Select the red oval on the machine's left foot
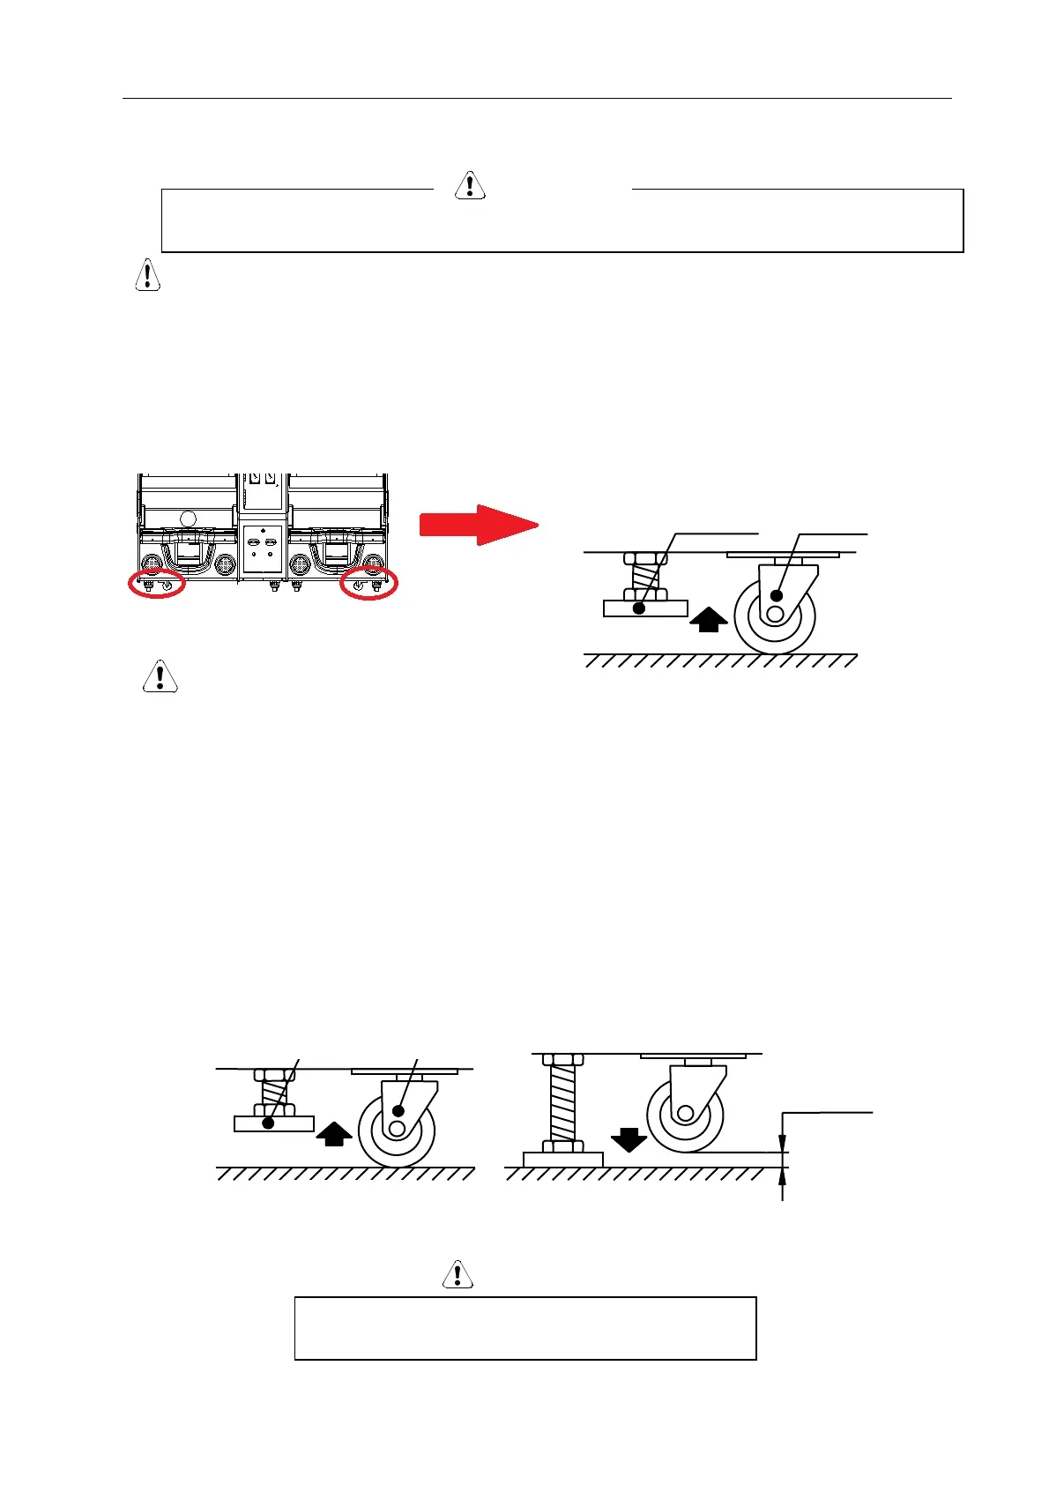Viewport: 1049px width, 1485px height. coord(157,584)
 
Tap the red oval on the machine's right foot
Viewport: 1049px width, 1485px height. coord(368,584)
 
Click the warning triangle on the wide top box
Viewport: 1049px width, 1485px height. coord(470,185)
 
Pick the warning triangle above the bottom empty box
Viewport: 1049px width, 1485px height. coord(458,1274)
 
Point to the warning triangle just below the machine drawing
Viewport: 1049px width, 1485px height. coord(160,675)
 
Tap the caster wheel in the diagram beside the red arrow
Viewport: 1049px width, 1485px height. coord(775,615)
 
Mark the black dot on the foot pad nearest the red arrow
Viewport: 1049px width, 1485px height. coord(640,608)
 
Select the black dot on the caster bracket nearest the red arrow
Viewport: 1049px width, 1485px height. coord(777,595)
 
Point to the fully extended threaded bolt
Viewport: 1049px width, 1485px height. coord(562,1102)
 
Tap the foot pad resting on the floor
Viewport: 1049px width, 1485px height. coord(562,1159)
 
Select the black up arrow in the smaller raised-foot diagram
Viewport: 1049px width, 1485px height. coord(334,1134)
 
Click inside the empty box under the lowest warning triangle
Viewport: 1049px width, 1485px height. coord(524,1328)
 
